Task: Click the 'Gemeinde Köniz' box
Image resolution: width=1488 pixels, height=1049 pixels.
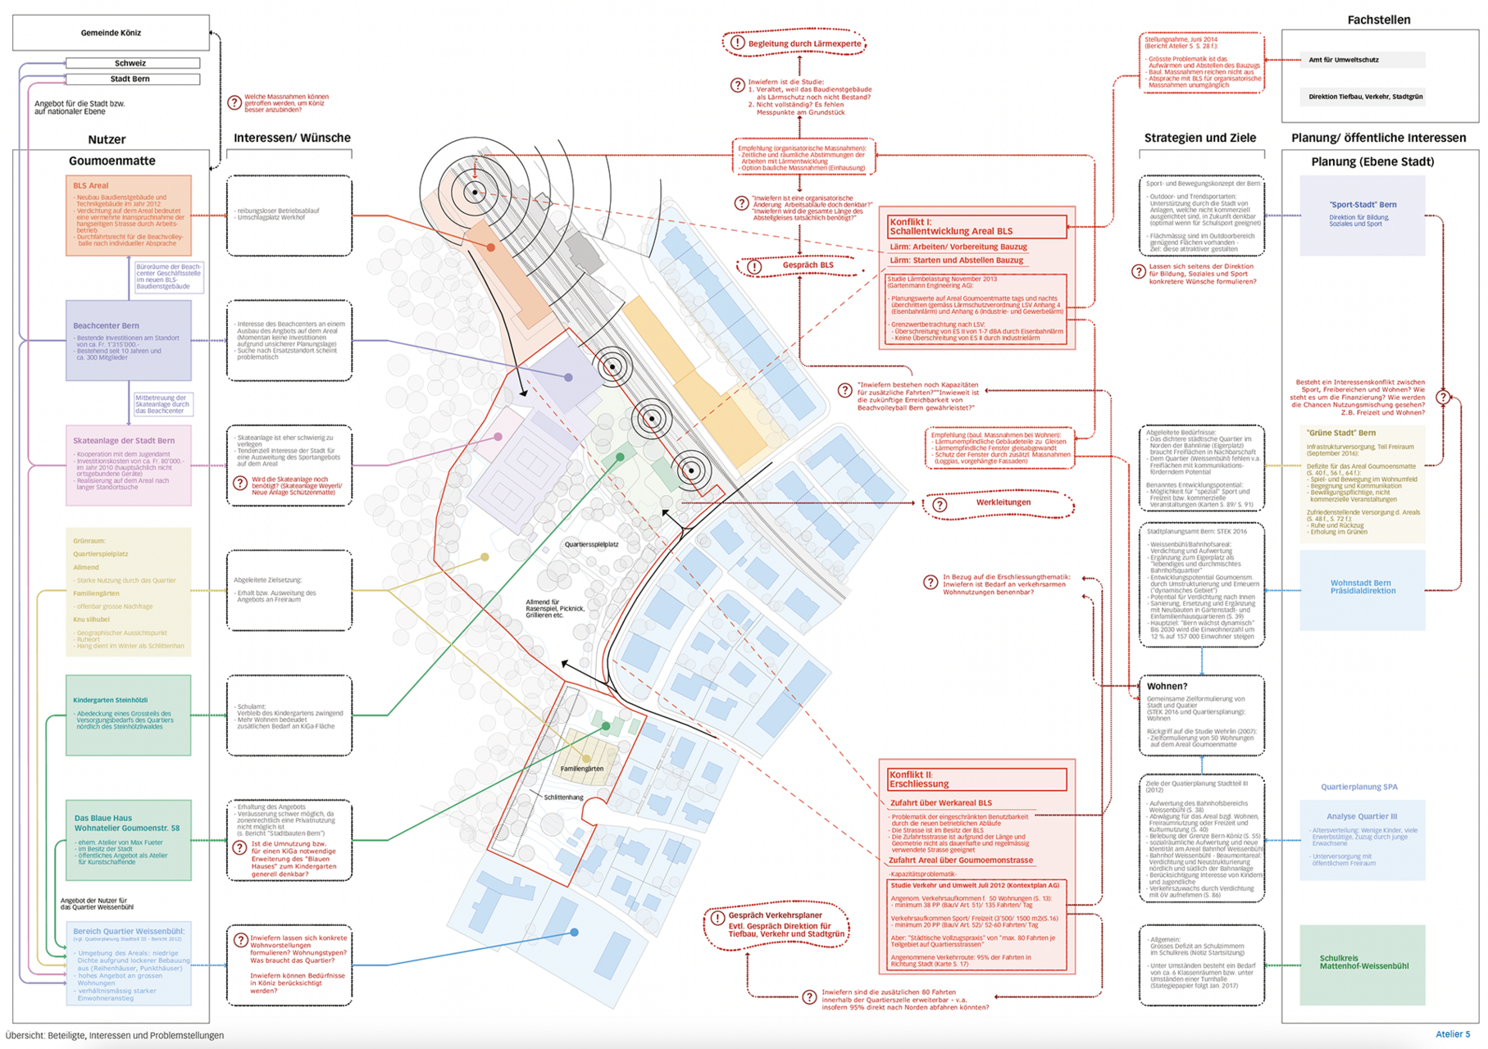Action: pyautogui.click(x=111, y=33)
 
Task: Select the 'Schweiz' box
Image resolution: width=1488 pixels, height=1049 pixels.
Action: pyautogui.click(x=132, y=63)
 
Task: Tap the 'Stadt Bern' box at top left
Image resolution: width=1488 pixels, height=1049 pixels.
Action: pyautogui.click(x=132, y=79)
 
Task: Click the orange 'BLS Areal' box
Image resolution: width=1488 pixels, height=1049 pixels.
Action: pyautogui.click(x=129, y=215)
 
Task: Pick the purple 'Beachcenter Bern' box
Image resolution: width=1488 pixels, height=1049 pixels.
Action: pyautogui.click(x=129, y=340)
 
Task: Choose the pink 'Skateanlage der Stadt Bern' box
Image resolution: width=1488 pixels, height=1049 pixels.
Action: pyautogui.click(x=129, y=465)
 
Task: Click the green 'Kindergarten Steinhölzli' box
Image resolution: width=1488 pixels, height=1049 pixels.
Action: pyautogui.click(x=129, y=715)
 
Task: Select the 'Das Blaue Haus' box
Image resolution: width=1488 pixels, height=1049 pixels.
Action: pyautogui.click(x=129, y=840)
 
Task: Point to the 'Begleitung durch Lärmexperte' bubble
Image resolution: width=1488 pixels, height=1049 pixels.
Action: pyautogui.click(x=794, y=43)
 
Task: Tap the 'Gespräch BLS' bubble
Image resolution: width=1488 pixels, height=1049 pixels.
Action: pyautogui.click(x=799, y=266)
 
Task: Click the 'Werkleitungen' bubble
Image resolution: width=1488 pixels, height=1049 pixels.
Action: pyautogui.click(x=998, y=503)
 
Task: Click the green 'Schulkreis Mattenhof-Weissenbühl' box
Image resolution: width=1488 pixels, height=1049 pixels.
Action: pyautogui.click(x=1363, y=964)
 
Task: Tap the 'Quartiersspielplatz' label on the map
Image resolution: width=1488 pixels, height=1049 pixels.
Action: pyautogui.click(x=591, y=544)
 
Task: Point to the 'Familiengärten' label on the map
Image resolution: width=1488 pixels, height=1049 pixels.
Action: pyautogui.click(x=582, y=769)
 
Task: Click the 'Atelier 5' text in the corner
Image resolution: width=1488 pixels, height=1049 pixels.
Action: pyautogui.click(x=1453, y=1034)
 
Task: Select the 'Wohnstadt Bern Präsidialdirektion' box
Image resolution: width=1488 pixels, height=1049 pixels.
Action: pyautogui.click(x=1363, y=588)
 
